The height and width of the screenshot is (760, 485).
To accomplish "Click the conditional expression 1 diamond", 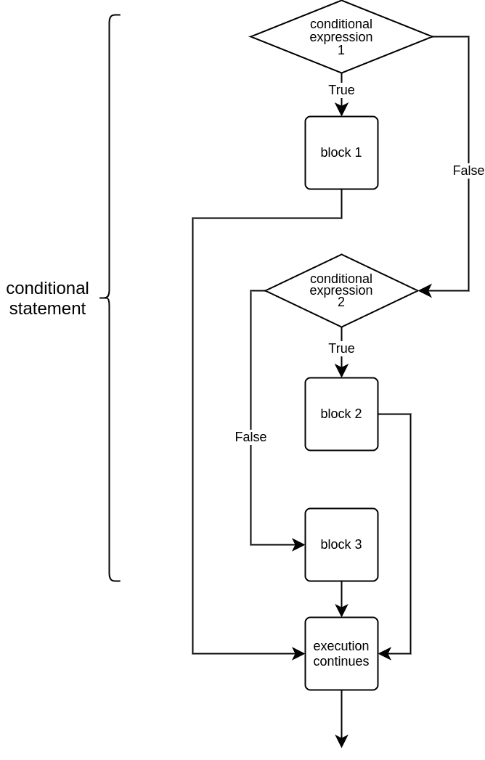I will click(341, 36).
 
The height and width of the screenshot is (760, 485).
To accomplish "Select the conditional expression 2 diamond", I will click(341, 290).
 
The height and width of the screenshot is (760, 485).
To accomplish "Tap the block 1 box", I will click(341, 152).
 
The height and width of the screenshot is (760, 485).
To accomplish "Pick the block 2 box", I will click(341, 414).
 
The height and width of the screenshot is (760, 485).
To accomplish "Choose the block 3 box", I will click(341, 544).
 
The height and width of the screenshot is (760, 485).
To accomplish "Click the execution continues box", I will click(341, 653).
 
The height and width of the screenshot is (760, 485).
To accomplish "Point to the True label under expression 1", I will click(341, 90).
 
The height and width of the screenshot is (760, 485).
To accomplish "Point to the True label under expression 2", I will click(341, 348).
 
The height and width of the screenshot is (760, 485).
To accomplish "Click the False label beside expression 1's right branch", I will click(468, 171).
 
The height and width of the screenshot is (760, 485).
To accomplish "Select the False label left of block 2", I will click(250, 437).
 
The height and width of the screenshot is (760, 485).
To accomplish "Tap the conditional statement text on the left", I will click(48, 298).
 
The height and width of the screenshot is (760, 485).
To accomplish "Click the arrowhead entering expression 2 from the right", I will click(425, 290).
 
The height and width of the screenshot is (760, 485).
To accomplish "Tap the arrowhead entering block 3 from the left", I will click(299, 544).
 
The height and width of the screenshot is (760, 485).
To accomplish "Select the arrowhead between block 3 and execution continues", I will click(341, 611).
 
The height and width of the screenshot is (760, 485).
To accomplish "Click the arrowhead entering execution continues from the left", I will click(299, 653).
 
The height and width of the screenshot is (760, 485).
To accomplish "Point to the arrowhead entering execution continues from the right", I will click(384, 653).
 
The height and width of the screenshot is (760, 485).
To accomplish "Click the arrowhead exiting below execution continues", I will click(341, 741).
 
